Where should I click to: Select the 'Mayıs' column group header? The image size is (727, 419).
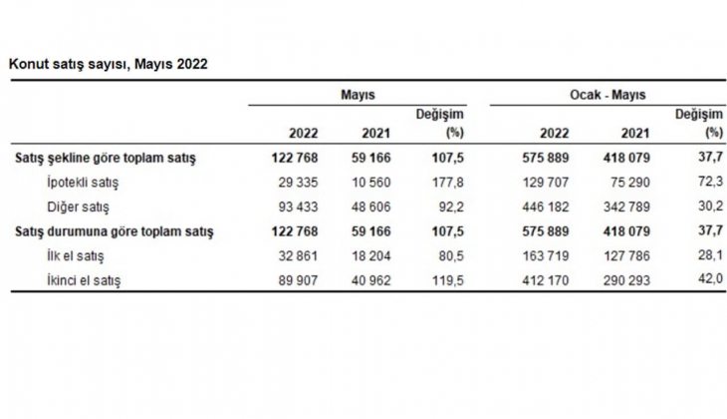click(x=357, y=94)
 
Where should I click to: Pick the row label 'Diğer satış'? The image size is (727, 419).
click(x=78, y=208)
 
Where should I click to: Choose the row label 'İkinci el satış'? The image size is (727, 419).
click(x=84, y=281)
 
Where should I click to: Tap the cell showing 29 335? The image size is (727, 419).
click(x=297, y=183)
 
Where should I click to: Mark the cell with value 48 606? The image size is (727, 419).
click(x=370, y=208)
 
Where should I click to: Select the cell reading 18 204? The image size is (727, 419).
click(x=370, y=256)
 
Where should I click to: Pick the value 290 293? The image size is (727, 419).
click(x=627, y=281)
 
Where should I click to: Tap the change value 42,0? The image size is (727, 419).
click(x=708, y=281)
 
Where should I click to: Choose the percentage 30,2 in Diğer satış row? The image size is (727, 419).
click(x=708, y=208)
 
